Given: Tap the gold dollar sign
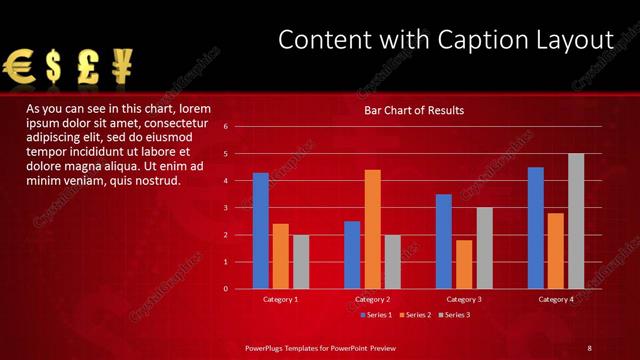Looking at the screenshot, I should tap(54, 67).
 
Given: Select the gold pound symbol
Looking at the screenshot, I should tap(88, 67).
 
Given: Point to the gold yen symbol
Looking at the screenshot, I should tap(122, 67).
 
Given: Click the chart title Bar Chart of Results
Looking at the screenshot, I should tap(413, 110).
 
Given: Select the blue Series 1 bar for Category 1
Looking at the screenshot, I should tap(261, 230).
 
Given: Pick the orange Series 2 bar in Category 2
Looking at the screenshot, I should tap(372, 229).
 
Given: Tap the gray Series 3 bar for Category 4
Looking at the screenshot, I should tap(576, 221).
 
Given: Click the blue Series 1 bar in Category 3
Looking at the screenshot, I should tap(444, 241).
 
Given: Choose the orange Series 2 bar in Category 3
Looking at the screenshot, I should tap(464, 264).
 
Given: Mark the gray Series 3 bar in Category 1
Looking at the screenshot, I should tap(301, 261).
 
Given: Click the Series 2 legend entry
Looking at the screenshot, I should tap(414, 315).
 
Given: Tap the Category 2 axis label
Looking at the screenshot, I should tap(372, 299).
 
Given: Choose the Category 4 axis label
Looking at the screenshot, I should tap(556, 299).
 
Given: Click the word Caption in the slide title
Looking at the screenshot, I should tap(471, 40).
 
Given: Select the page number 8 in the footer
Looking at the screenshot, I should tap(589, 347).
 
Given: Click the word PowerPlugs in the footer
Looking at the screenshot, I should tap(270, 347).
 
